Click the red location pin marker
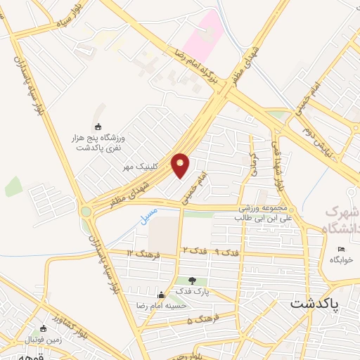point(181,165)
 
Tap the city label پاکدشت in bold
point(314,304)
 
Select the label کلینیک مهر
point(139,167)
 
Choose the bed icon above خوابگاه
point(342,250)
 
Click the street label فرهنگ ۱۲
point(139,252)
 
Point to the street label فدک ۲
point(195,250)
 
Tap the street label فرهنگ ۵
point(200,321)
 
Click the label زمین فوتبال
point(25,340)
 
